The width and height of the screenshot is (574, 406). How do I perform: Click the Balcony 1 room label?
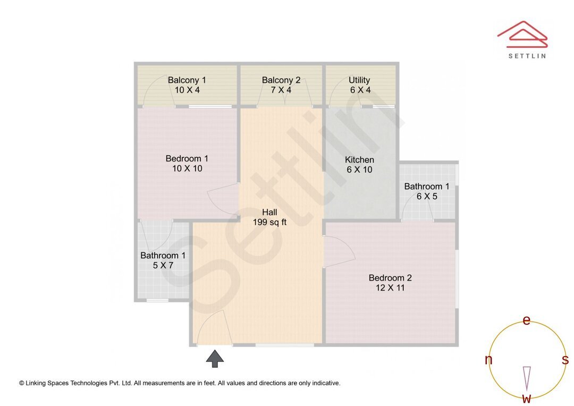click(187, 80)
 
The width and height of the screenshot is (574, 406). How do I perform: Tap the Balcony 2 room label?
click(281, 80)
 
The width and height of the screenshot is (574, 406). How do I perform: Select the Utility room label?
click(359, 80)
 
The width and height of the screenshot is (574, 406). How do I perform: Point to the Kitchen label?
click(359, 159)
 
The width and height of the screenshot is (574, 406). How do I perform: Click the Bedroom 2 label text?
click(390, 277)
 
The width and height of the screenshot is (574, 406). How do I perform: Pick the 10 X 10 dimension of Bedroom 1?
click(187, 168)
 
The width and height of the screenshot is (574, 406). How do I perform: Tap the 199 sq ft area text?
click(269, 222)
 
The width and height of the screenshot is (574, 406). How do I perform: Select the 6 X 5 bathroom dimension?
click(427, 196)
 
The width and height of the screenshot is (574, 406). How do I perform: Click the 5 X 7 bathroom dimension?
click(163, 265)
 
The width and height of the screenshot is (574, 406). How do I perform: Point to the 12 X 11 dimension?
click(390, 288)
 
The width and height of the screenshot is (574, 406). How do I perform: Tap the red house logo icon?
click(522, 33)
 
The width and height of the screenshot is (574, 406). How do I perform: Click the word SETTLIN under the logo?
click(527, 55)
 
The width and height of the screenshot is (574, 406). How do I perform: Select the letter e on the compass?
click(526, 320)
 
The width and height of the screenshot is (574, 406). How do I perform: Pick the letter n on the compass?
click(488, 360)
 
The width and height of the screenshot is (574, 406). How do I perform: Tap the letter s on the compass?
click(565, 360)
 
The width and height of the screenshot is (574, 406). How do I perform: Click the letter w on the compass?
click(526, 398)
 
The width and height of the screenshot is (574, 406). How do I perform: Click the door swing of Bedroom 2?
click(339, 251)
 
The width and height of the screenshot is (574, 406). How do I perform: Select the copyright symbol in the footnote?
click(22, 383)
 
